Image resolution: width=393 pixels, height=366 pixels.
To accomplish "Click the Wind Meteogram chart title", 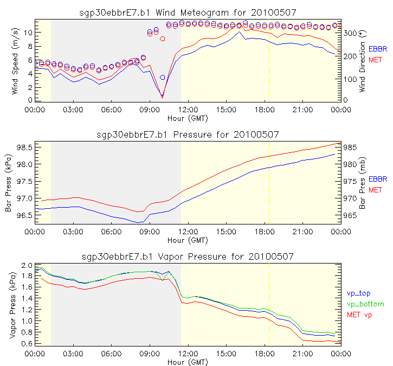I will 188,11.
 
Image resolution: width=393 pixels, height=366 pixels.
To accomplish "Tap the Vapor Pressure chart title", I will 188,256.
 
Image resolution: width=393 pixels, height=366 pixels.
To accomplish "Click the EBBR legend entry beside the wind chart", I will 378,48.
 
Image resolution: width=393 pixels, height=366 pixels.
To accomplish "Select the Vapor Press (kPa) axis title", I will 12,305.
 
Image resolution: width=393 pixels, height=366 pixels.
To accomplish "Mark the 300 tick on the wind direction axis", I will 350,33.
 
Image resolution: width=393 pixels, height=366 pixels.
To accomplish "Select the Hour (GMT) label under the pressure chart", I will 188,240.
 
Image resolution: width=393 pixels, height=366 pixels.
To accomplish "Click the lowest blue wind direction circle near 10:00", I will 162,78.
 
